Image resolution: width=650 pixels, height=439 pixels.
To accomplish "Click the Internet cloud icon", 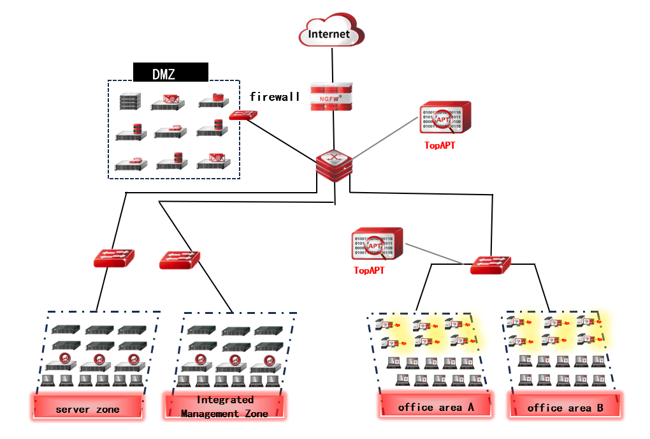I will coord(329,33).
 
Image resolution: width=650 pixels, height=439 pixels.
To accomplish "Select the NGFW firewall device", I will coord(331,96).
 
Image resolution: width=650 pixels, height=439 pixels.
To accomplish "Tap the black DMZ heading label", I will coord(170,73).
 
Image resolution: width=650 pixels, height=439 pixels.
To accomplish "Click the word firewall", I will coord(274,98).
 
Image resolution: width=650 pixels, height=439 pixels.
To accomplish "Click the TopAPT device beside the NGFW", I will coord(445,118).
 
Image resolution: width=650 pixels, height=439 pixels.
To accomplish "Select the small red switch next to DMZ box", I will coord(243,115).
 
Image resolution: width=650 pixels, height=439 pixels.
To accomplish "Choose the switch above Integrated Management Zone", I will coord(180,260).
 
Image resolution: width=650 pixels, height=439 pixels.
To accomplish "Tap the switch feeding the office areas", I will coord(491,264).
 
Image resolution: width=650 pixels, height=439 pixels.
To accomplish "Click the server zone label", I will coord(88,409).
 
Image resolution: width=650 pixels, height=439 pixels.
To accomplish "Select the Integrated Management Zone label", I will coord(225,406).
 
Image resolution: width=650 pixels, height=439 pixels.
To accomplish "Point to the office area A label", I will coord(436,407).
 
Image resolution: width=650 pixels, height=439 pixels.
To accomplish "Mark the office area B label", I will coord(565,407).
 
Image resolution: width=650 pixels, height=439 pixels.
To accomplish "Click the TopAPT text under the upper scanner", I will coord(440,145).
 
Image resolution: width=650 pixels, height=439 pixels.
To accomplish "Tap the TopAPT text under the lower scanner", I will coord(369,271).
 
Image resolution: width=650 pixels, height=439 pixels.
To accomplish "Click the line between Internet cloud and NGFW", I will coord(331,64).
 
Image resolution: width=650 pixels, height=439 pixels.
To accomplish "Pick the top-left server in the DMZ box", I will coord(129,101).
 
